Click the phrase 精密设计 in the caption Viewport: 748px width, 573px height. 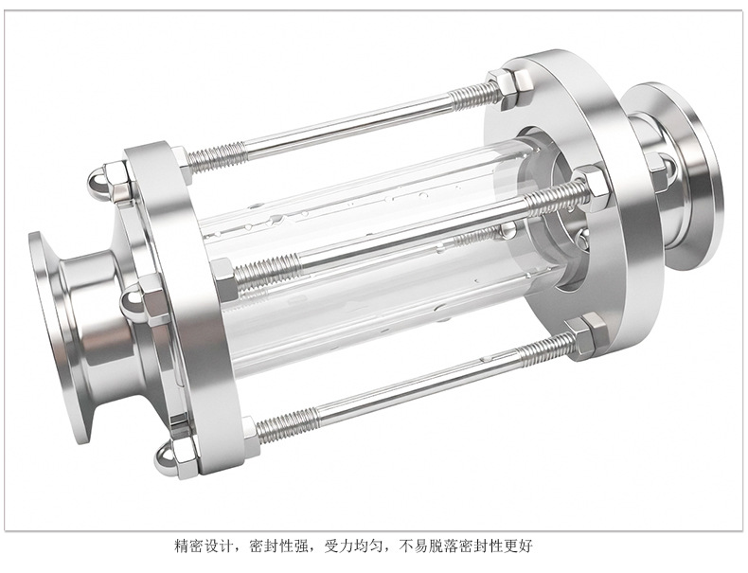tap(204, 546)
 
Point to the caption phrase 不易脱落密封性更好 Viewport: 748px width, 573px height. tap(465, 546)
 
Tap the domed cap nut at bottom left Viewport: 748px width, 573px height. tap(175, 458)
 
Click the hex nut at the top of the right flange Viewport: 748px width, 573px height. tap(511, 90)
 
